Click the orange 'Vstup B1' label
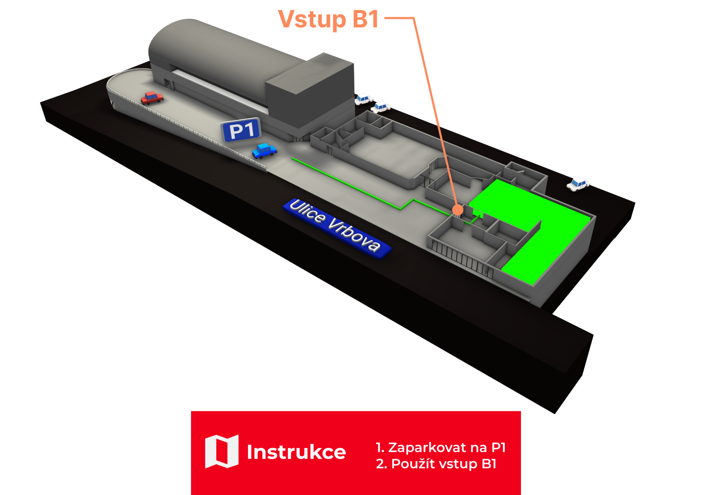tap(328, 20)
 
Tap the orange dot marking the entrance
tap(458, 210)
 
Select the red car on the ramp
tap(152, 97)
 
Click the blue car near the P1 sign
tap(264, 150)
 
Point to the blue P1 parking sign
tap(241, 130)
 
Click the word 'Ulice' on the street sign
tap(307, 211)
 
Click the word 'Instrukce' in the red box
tap(296, 452)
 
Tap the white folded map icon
tap(221, 451)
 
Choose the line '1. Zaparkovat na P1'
tap(441, 448)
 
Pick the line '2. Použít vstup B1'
tap(436, 464)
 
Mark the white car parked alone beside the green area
tap(578, 183)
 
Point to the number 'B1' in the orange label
tap(366, 20)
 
